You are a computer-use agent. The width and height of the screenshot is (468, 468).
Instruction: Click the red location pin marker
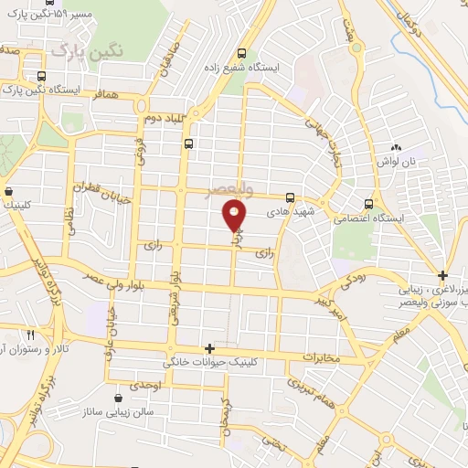pos(235,217)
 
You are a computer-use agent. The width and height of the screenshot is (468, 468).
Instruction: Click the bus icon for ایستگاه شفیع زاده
pos(241,53)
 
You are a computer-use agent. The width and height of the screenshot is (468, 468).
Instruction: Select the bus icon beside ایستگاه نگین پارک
pos(39,77)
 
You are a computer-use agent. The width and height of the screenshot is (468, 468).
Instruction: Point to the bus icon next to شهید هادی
pos(290,197)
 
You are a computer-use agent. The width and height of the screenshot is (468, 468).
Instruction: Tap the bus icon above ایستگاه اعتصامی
pos(367,204)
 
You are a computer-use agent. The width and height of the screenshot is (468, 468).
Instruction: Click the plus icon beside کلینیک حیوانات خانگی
pos(210,348)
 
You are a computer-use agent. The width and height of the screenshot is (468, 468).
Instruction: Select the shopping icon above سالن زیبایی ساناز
pos(120,398)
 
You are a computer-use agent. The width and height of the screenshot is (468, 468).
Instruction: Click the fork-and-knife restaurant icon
pos(30,335)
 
